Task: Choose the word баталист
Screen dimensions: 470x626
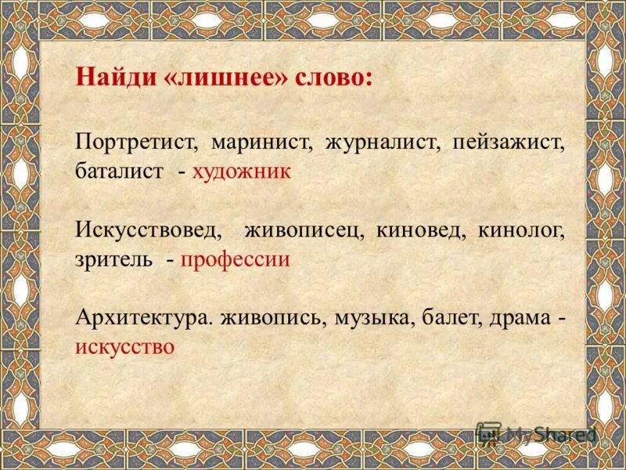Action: click(x=120, y=172)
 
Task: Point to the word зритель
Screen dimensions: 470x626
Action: click(x=114, y=259)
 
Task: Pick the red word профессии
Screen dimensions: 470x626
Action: click(x=236, y=259)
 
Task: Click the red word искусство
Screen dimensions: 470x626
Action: click(x=124, y=346)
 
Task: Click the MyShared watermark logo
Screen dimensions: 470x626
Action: click(x=537, y=433)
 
